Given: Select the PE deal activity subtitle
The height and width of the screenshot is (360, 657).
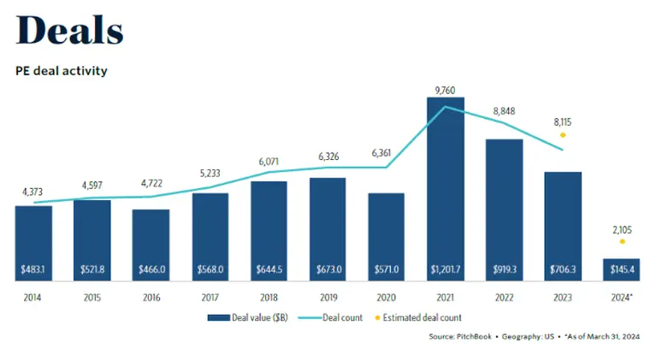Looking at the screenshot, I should pos(62,71).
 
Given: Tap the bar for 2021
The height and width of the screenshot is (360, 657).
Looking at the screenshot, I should pos(445,188).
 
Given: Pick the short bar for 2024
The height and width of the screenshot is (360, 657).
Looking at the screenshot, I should pos(620,269).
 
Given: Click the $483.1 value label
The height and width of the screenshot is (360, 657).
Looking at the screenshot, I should pos(34,269).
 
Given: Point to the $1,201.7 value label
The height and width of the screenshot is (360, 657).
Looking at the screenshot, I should pos(445,269).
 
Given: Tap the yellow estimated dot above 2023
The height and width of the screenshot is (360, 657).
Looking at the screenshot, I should pos(562,135).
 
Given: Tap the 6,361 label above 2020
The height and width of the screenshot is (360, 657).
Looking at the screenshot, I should pos(386,153).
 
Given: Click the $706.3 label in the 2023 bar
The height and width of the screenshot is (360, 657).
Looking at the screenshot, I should pos(562,269).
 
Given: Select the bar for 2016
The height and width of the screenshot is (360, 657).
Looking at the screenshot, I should pos(151,244).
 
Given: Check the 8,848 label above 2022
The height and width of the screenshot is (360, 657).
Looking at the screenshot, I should pos(504,110).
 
